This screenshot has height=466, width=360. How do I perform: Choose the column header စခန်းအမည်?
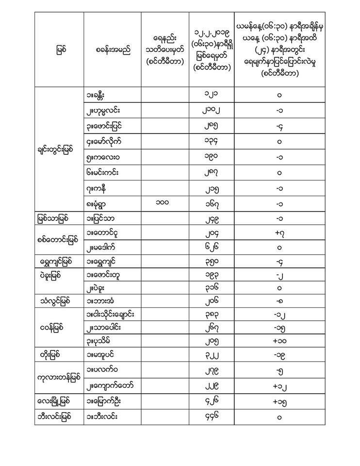click(x=113, y=50)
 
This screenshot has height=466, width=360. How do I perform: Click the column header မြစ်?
click(x=59, y=50)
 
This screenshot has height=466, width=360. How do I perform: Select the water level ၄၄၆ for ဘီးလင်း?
click(x=211, y=417)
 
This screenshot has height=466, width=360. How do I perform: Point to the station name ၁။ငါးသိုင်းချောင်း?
click(x=113, y=315)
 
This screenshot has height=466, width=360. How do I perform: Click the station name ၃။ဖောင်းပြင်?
click(x=103, y=126)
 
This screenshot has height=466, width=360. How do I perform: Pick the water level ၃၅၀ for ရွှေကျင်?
click(x=211, y=263)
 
